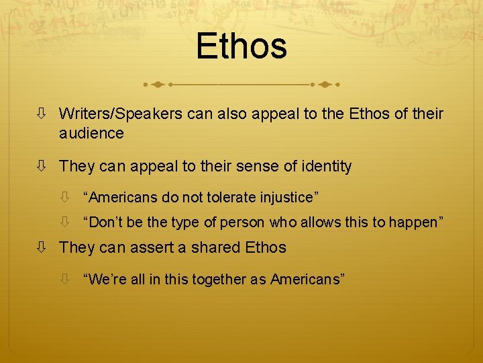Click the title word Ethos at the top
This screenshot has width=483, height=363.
coord(241,46)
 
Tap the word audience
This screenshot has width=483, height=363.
coord(91,133)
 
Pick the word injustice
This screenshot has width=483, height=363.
coord(289,198)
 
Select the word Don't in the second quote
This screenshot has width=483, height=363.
coord(101,223)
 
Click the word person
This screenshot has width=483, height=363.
coord(244,223)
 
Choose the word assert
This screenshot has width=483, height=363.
coord(142,247)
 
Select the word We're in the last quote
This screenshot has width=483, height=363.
coord(101,279)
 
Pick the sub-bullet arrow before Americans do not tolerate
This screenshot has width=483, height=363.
coord(65,198)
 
